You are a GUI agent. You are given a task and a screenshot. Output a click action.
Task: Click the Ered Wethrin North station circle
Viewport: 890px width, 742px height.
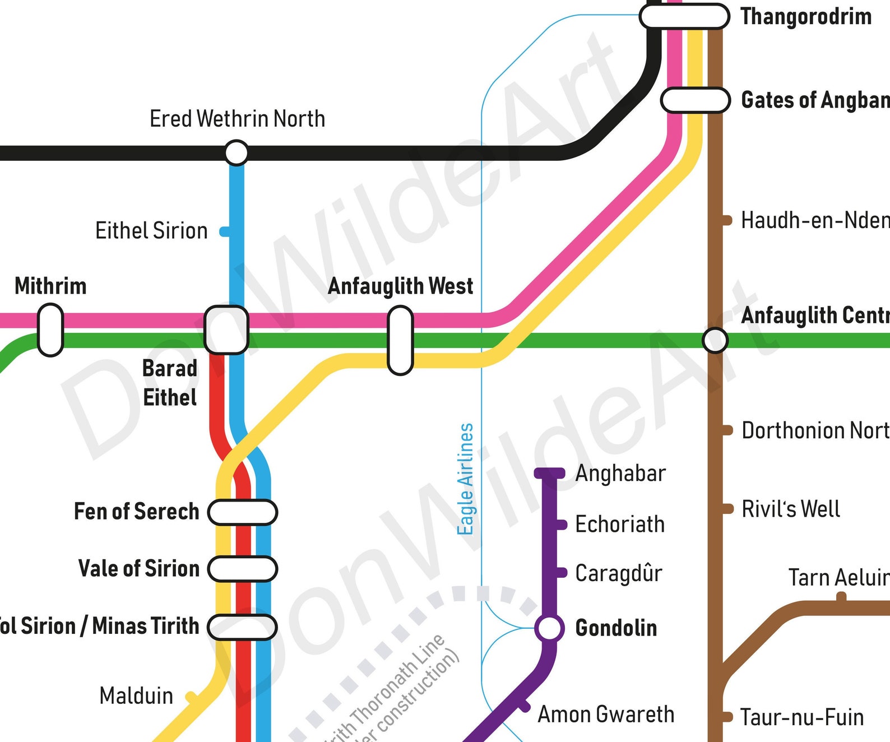[x=237, y=152]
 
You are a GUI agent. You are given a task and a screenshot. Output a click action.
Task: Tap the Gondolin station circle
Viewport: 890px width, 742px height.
[x=549, y=628]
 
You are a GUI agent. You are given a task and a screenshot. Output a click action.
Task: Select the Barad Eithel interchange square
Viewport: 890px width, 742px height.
[x=226, y=330]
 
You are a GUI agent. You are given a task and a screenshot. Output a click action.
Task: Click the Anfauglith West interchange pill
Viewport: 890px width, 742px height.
[x=400, y=340]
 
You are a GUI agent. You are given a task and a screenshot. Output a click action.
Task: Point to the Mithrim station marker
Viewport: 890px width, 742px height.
[x=50, y=330]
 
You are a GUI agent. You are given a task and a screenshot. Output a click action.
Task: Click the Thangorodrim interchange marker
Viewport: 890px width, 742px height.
[x=684, y=16]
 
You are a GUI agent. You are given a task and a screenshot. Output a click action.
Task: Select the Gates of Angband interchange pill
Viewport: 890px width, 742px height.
[x=695, y=100]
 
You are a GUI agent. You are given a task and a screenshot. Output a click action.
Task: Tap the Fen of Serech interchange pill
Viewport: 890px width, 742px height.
[x=243, y=512]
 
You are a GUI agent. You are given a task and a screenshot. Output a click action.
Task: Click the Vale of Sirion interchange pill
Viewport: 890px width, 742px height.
[x=243, y=569]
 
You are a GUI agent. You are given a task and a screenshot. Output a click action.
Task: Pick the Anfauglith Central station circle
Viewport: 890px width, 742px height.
[x=715, y=340]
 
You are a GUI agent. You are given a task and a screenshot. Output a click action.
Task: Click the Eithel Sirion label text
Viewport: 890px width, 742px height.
[x=151, y=231]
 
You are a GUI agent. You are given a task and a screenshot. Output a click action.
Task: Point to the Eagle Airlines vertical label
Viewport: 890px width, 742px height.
[x=466, y=479]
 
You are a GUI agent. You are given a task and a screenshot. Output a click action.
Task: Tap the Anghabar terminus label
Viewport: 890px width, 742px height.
[x=620, y=474]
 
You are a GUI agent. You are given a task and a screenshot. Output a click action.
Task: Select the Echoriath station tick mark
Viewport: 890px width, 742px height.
[x=560, y=525]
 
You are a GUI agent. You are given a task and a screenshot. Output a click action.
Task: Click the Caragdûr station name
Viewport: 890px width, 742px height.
[x=619, y=573]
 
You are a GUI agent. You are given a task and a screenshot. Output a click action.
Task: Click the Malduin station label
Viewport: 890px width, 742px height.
[x=136, y=696]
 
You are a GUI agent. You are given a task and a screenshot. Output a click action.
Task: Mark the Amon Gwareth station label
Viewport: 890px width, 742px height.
[x=606, y=715]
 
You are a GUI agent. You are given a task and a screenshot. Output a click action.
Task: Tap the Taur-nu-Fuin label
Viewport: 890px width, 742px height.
[x=802, y=717]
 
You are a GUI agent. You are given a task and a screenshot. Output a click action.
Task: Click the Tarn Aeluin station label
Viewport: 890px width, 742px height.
[x=838, y=578]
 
